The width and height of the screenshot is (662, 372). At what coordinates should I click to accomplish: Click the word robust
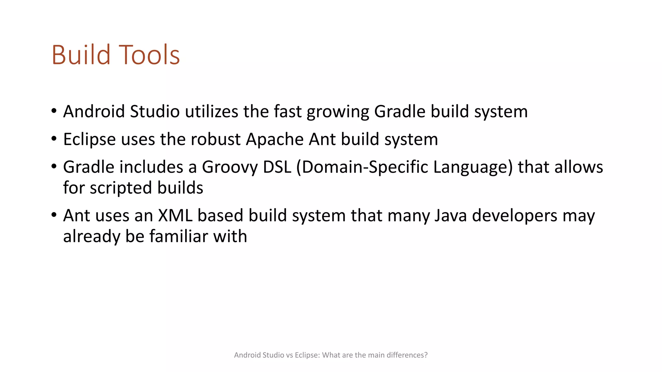tap(216, 139)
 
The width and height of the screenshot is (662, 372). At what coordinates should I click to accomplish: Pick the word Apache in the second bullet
tap(275, 140)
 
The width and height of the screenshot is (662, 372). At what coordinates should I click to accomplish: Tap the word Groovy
tap(230, 168)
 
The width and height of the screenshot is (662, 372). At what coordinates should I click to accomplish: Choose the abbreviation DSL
tap(277, 167)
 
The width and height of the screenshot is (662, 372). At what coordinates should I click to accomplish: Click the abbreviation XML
tap(175, 215)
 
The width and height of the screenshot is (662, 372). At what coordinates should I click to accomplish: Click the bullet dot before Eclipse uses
tap(54, 139)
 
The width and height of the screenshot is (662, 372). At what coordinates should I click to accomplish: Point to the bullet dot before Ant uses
tap(54, 215)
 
